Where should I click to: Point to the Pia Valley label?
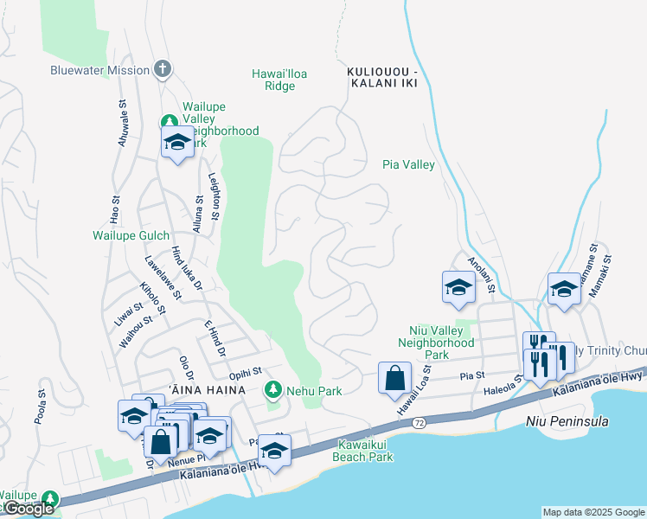408,164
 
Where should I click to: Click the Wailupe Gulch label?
131,235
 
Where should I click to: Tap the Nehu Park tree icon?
273,391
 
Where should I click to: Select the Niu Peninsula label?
567,422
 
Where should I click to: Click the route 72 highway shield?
419,422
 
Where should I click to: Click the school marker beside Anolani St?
458,288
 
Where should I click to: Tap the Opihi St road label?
246,375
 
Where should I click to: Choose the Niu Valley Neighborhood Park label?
437,343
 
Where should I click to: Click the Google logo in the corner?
29,509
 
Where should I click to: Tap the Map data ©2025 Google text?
593,512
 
